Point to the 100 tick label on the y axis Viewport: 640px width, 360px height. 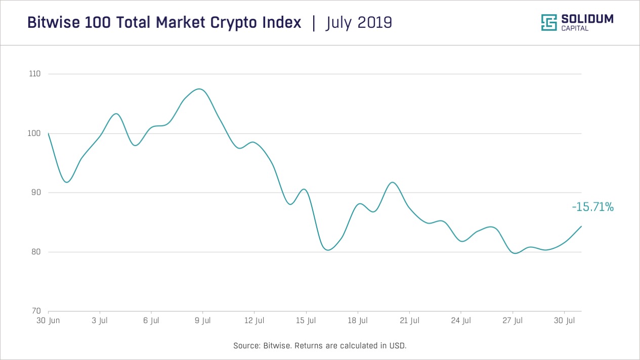point(34,133)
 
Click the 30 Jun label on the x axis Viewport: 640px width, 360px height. point(48,321)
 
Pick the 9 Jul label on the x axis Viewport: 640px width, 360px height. point(202,321)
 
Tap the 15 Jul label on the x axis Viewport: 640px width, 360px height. point(306,321)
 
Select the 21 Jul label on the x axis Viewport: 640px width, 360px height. point(409,321)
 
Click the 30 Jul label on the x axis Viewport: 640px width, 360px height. point(564,321)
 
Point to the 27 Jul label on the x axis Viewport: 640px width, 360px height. point(512,321)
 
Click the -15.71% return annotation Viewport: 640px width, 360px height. point(592,207)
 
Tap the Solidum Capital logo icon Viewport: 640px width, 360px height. point(549,23)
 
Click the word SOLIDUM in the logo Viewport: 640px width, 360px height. point(587,19)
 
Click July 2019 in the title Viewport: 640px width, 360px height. point(359,23)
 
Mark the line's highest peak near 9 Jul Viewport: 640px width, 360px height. point(200,89)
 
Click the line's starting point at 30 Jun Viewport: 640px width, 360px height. point(49,133)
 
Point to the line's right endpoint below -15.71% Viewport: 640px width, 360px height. point(581,226)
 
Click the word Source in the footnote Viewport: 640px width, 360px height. point(246,346)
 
